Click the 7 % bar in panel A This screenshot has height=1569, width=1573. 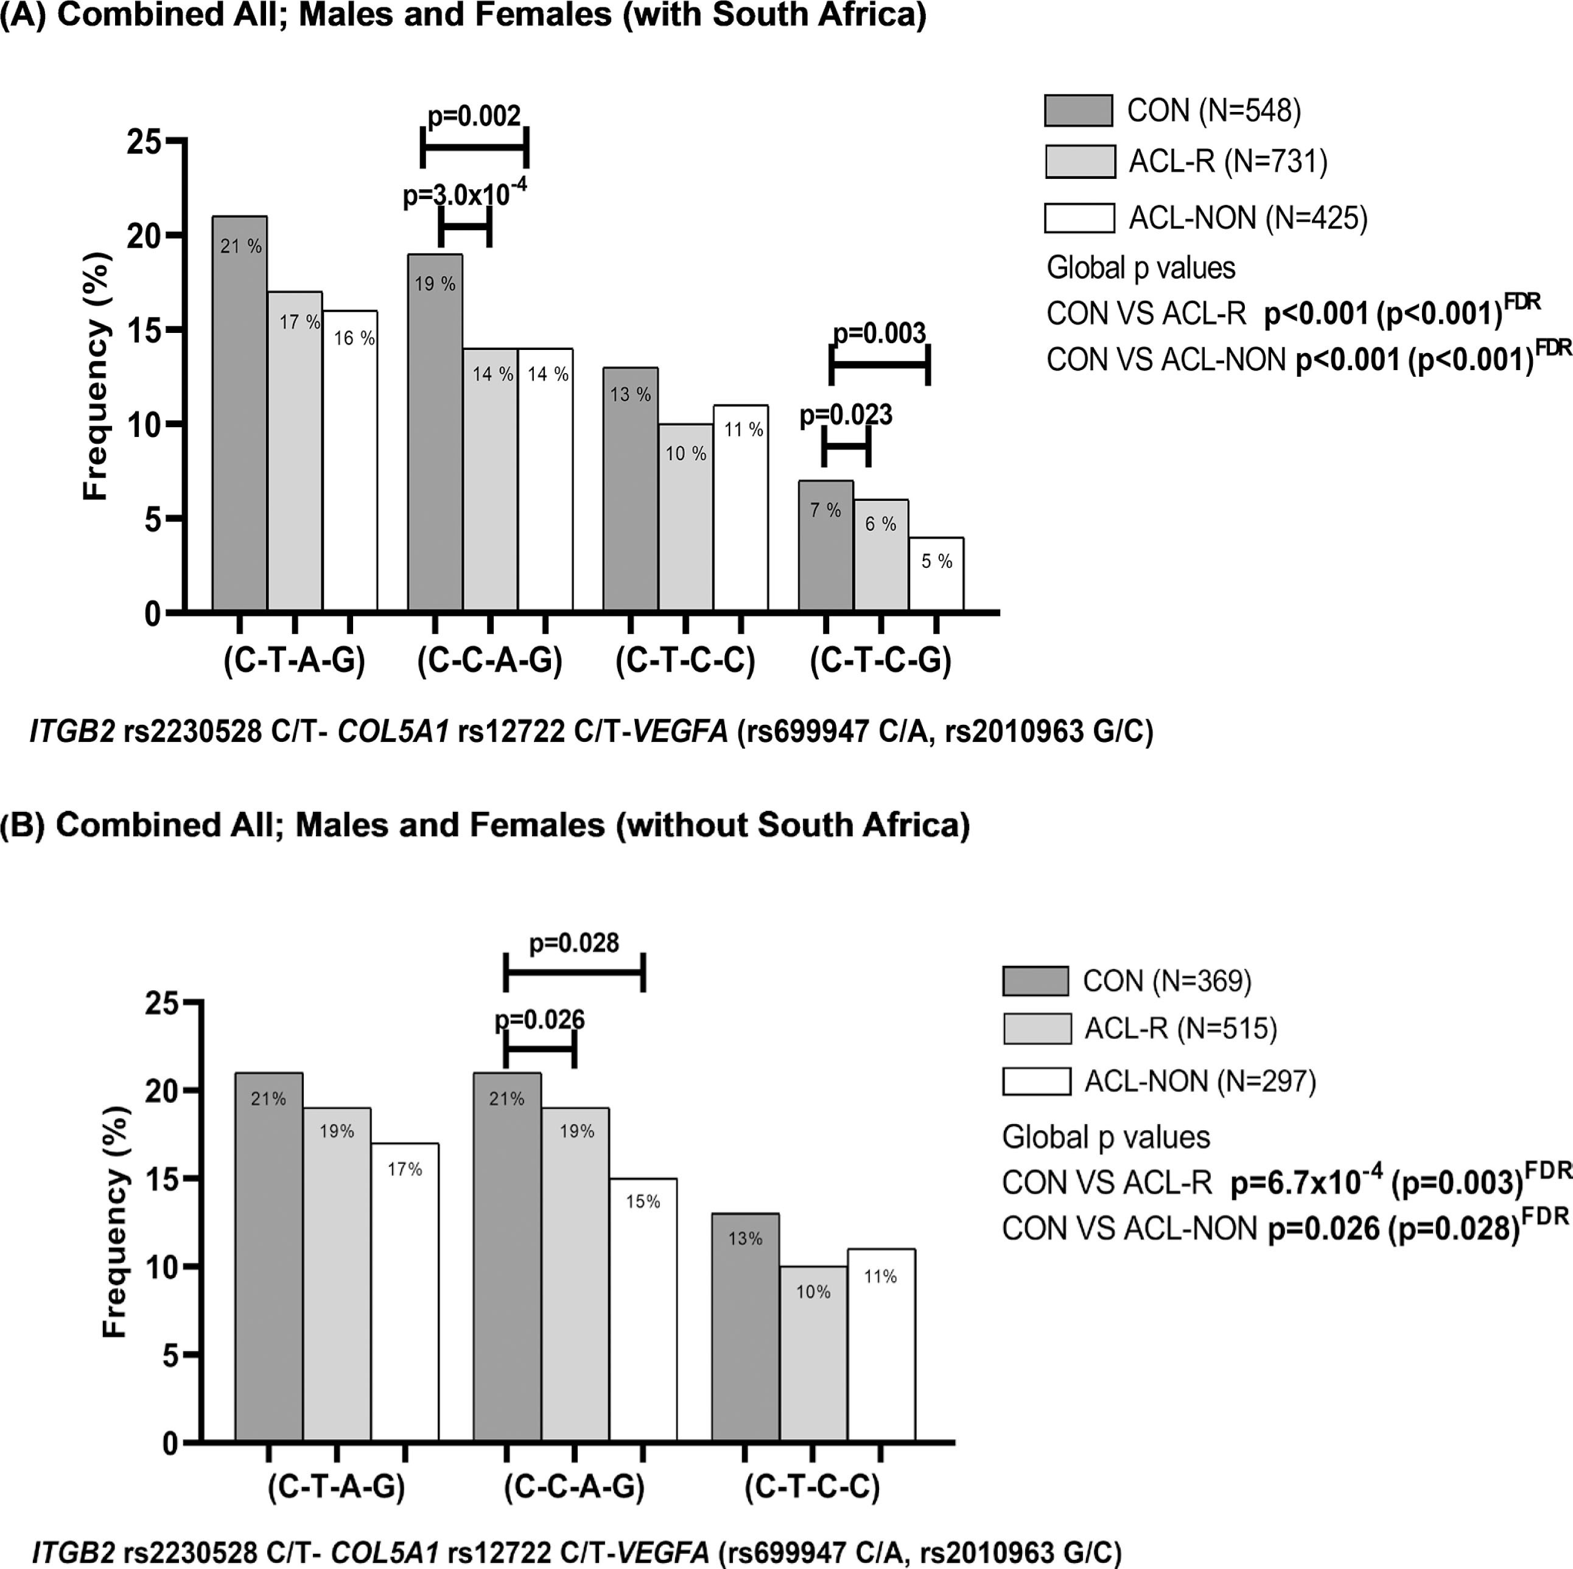click(825, 545)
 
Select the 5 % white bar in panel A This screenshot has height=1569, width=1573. click(936, 574)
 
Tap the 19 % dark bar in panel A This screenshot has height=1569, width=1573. click(435, 432)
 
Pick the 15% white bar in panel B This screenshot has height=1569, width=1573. click(642, 1310)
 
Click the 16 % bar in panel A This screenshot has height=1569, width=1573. click(350, 460)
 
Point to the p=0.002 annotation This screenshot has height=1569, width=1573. click(474, 116)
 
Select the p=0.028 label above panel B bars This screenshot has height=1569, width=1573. click(574, 943)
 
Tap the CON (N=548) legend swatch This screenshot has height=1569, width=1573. click(1078, 111)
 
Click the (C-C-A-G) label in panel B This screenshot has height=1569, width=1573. click(574, 1486)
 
